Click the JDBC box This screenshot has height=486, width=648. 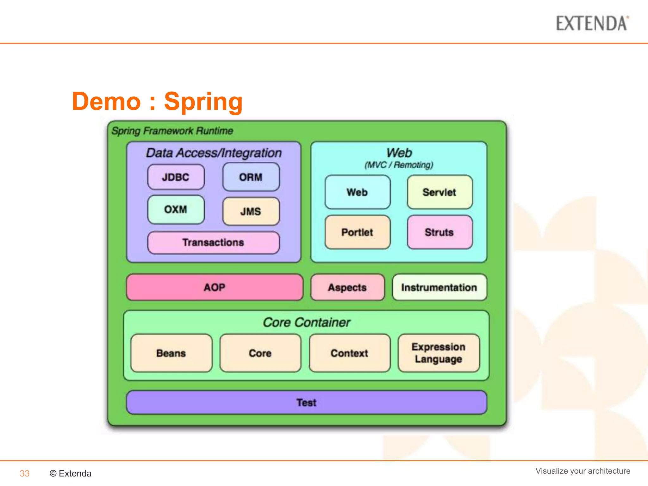176,177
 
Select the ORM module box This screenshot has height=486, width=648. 251,177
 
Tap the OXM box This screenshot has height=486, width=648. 176,209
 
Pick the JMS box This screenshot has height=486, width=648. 251,211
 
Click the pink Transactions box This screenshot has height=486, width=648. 214,243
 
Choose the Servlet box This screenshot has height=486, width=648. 440,192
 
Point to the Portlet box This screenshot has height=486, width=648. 358,232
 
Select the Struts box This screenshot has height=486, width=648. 440,232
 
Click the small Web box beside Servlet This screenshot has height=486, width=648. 358,192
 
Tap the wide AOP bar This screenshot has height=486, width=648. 215,287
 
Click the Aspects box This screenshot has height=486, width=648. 347,287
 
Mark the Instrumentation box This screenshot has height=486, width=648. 439,287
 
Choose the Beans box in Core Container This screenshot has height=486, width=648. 171,353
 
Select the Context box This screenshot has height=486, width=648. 350,353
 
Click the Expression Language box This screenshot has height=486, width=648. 439,353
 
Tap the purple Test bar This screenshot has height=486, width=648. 306,402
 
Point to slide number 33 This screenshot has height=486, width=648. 24,473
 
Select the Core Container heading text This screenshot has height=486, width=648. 306,322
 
